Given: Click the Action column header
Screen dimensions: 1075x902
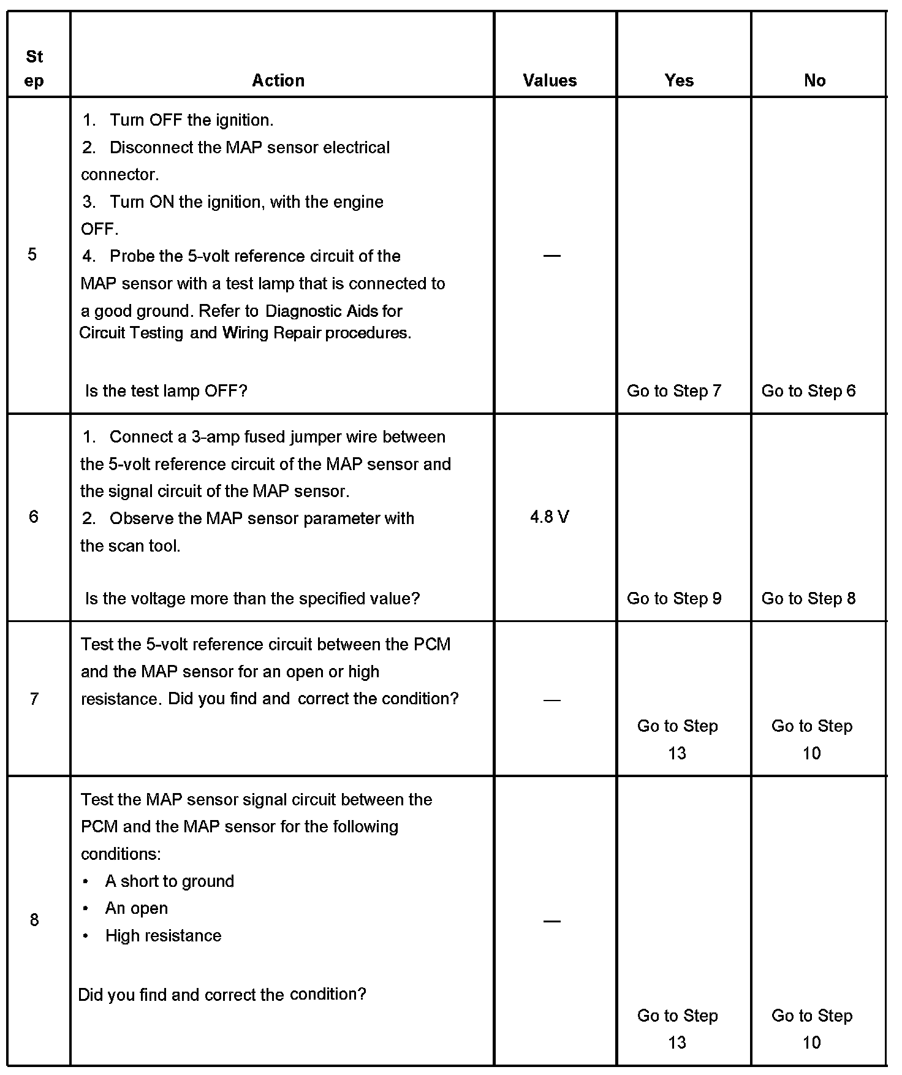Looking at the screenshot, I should [x=278, y=80].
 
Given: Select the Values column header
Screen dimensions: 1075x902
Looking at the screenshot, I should [x=550, y=80].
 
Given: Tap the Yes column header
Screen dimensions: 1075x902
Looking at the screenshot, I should [x=679, y=80].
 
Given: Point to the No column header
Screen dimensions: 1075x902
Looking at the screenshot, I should [x=814, y=80].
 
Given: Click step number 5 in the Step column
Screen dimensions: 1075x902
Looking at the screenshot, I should [x=32, y=254].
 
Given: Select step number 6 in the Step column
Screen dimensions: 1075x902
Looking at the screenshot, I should [x=33, y=517].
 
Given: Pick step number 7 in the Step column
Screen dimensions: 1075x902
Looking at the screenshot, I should [x=34, y=699].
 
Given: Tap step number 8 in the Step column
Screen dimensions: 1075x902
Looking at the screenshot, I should [x=34, y=919].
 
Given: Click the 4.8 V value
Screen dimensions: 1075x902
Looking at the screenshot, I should [x=550, y=517].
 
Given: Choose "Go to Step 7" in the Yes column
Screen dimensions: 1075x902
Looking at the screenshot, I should [x=674, y=390].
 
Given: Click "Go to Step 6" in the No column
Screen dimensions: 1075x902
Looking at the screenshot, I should [x=808, y=390].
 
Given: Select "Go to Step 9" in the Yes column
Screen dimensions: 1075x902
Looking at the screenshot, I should [x=674, y=598].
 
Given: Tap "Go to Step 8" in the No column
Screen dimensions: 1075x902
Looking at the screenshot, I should [x=808, y=598].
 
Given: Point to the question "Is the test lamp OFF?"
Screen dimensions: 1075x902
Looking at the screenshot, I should [x=166, y=390].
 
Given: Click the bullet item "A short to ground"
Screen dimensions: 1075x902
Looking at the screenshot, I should [x=170, y=881].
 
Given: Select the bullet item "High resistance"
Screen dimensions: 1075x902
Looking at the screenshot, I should [x=163, y=935].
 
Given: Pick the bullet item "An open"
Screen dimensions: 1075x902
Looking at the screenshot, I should [x=137, y=908].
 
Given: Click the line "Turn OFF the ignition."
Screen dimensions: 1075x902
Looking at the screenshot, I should [x=191, y=120].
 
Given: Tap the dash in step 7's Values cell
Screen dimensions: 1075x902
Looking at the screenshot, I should [x=551, y=699].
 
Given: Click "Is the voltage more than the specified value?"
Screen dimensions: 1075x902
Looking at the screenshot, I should [x=252, y=598].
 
